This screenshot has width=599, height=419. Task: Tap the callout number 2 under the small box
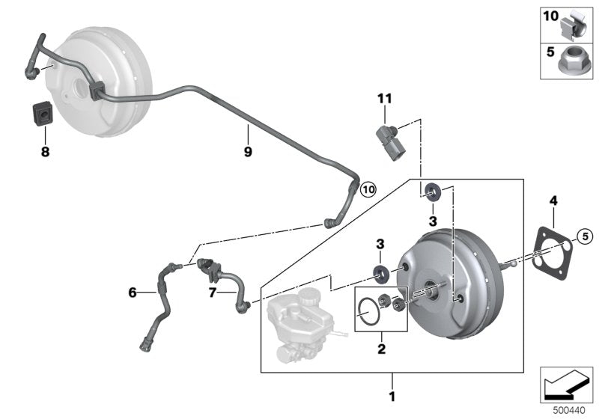coord(380,348)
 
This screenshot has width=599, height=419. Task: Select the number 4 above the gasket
coord(553,201)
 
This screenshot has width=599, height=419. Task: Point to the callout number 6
coord(133,293)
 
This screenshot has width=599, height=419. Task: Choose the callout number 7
coord(211,293)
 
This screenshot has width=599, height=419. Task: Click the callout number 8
coord(44,151)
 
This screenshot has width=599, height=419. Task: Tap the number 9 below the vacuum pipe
coord(248,151)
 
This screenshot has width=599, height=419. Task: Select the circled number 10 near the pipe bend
coord(368,189)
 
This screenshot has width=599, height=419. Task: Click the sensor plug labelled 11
coord(389,140)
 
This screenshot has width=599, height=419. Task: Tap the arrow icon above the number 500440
coord(566,383)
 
